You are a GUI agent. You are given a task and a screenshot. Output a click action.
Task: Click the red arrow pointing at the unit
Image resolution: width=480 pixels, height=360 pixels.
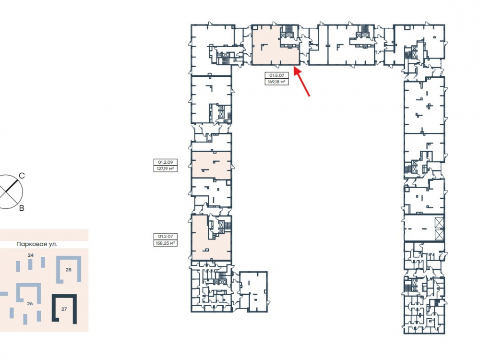[x=302, y=82]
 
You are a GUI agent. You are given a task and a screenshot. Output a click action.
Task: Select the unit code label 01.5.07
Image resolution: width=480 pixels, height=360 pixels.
[x=277, y=75]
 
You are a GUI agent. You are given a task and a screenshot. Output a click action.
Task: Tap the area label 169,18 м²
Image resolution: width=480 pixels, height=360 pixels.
[x=276, y=82]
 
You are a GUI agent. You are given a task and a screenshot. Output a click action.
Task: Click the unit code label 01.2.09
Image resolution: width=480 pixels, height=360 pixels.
[x=165, y=162]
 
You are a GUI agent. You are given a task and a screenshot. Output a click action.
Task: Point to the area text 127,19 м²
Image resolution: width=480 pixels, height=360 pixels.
[x=165, y=168]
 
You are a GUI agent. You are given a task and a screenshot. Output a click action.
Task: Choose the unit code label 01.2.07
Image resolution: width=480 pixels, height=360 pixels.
[x=165, y=237]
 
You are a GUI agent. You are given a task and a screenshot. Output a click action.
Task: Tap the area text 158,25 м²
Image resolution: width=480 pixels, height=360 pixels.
[x=165, y=243]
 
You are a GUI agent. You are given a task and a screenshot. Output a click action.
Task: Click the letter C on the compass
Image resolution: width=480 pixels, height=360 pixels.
[x=22, y=176]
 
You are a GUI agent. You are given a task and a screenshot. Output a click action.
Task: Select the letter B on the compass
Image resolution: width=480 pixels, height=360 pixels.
[x=22, y=208]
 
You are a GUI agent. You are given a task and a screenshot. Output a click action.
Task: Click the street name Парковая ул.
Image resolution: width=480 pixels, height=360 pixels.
[x=37, y=244]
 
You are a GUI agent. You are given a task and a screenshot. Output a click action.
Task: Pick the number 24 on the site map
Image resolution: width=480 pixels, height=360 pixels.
[x=31, y=255]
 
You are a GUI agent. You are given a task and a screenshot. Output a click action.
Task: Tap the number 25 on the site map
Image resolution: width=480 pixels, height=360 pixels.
[x=69, y=270]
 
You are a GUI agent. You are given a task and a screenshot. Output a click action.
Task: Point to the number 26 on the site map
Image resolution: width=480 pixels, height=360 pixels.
[x=30, y=304]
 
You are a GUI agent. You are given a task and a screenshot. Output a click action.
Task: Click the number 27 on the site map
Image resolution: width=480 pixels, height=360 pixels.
[x=64, y=309]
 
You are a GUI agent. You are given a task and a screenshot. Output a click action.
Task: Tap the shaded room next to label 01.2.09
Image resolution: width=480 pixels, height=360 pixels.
[x=211, y=165]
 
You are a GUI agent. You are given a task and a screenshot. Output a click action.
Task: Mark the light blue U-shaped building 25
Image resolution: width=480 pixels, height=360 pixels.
[x=79, y=269]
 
